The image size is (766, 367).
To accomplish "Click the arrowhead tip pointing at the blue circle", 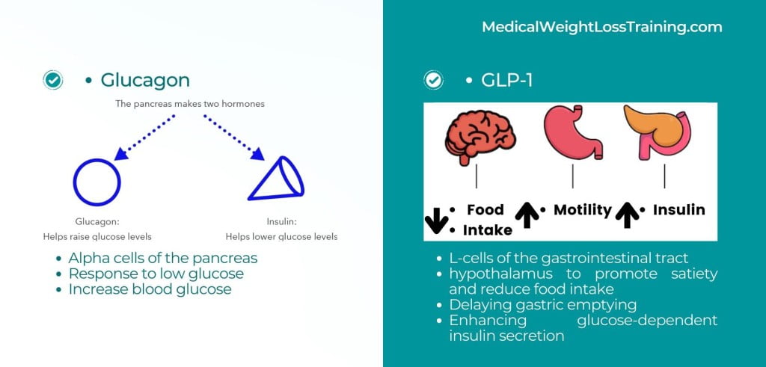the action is pyautogui.click(x=114, y=160).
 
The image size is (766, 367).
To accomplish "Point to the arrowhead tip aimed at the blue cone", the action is pyautogui.click(x=264, y=160).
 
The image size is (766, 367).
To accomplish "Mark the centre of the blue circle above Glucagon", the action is pyautogui.click(x=96, y=182).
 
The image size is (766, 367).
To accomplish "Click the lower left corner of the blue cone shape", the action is pyautogui.click(x=248, y=200).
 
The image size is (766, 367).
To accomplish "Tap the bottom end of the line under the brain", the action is pyautogui.click(x=477, y=188).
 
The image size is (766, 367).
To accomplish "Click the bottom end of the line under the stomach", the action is pyautogui.click(x=572, y=188).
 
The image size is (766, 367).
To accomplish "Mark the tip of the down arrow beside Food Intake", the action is pyautogui.click(x=436, y=232).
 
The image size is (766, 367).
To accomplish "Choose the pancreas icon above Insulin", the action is pyautogui.click(x=658, y=132).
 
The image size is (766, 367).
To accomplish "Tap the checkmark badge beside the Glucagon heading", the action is pyautogui.click(x=53, y=80).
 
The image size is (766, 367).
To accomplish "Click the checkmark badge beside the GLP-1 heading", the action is pyautogui.click(x=433, y=80).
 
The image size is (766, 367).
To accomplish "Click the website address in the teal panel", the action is pyautogui.click(x=602, y=27).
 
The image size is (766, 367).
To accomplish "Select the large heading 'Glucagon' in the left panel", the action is pyautogui.click(x=145, y=81).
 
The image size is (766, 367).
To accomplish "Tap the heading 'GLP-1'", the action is pyautogui.click(x=506, y=81).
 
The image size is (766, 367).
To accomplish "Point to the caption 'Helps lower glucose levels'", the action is pyautogui.click(x=281, y=237).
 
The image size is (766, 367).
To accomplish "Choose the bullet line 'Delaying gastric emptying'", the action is pyautogui.click(x=543, y=306).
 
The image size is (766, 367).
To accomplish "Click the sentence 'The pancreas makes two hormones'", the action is pyautogui.click(x=190, y=104).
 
